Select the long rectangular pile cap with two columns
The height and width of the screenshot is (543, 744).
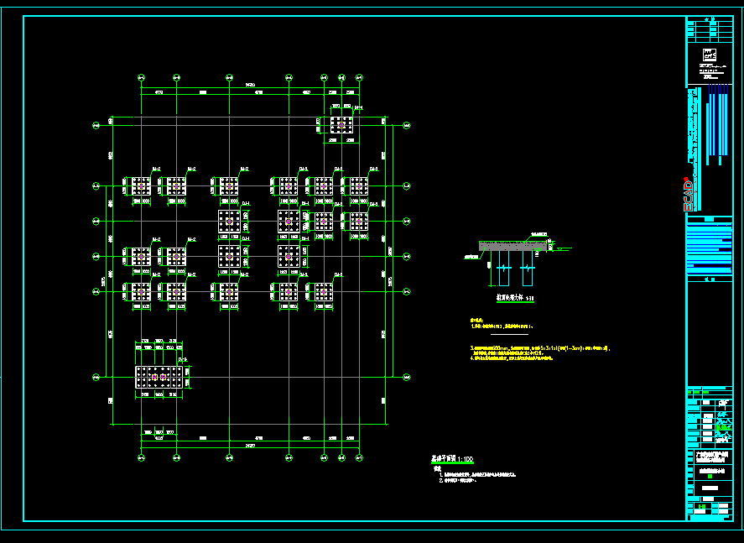click(x=162, y=377)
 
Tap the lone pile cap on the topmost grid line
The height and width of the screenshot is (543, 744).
click(x=341, y=124)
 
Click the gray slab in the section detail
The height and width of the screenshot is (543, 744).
click(x=512, y=246)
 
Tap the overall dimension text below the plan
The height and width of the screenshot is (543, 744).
click(x=250, y=446)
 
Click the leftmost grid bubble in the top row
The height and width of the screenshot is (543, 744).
click(x=141, y=78)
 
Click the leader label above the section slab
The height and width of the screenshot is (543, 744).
click(x=537, y=233)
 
